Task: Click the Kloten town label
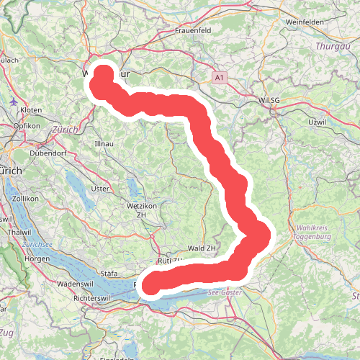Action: click(32, 109)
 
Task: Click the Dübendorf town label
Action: click(48, 153)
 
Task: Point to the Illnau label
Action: click(105, 145)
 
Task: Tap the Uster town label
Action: click(101, 189)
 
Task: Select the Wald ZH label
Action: click(201, 248)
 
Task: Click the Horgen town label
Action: click(37, 258)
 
